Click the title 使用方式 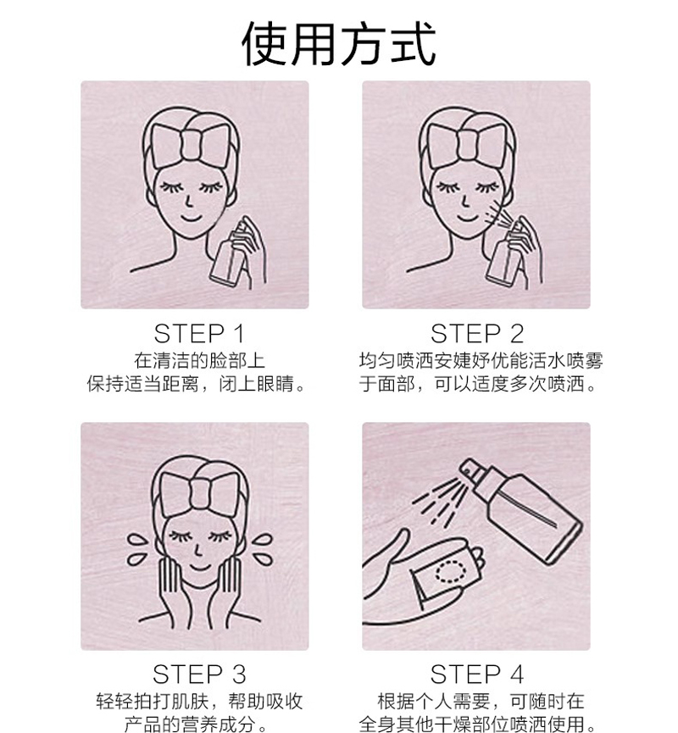pos(339,44)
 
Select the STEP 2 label pos(477,334)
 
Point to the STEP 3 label pos(199,674)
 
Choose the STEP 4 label pos(476,674)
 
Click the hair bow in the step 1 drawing pos(191,144)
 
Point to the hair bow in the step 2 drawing pos(467,144)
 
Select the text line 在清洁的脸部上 pos(200,361)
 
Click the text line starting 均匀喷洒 pos(481,361)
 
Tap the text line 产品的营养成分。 pos(196,723)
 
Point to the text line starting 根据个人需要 pos(481,701)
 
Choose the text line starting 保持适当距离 pos(197,384)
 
